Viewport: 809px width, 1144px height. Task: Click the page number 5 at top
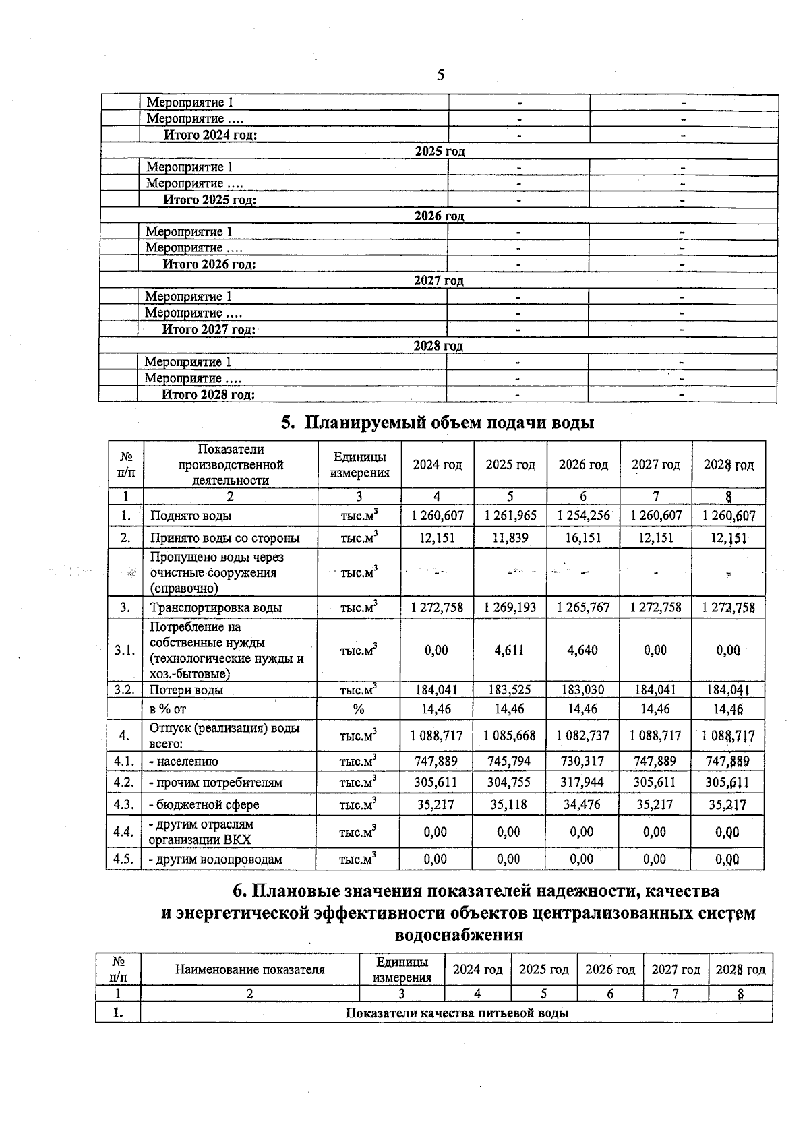[x=440, y=75]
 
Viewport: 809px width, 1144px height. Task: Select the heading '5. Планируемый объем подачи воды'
[x=438, y=423]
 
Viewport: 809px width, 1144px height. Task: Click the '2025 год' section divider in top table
[x=440, y=151]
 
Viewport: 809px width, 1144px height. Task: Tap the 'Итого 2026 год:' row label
[x=209, y=264]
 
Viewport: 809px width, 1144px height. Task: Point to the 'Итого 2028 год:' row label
[x=208, y=394]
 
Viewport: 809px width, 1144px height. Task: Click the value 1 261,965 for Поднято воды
[x=510, y=516]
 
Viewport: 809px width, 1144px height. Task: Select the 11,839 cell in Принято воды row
[x=510, y=537]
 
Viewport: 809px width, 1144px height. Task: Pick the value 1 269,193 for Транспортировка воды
[x=510, y=607]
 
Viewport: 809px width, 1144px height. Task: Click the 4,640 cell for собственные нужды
[x=583, y=650]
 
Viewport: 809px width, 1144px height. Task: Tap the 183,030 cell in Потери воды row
[x=583, y=690]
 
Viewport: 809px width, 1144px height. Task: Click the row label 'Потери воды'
[x=186, y=690]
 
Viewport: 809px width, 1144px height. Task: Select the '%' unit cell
[x=359, y=709]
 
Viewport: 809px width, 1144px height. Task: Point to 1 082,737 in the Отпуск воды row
[x=583, y=735]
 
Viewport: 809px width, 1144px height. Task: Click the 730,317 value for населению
[x=583, y=761]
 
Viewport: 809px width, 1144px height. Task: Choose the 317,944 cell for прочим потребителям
[x=583, y=783]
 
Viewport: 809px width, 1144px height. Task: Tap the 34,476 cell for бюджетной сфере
[x=583, y=804]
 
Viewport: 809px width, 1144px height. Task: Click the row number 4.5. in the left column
[x=123, y=859]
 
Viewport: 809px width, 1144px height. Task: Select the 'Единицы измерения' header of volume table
[x=359, y=464]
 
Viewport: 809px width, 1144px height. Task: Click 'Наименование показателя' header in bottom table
[x=249, y=969]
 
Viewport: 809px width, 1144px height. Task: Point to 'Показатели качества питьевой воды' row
[x=456, y=1013]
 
